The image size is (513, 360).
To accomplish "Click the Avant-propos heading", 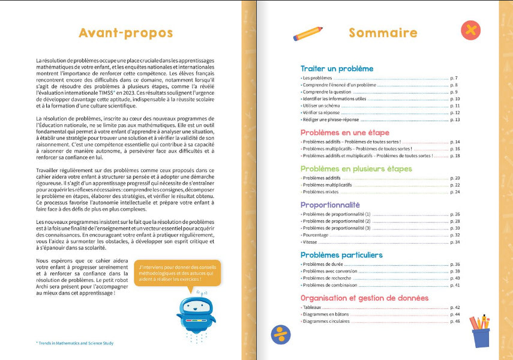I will point(126,32).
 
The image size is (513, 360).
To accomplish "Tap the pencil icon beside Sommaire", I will point(308,34).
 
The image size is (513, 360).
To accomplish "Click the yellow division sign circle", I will point(280,334).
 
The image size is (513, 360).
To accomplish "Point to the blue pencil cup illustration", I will point(480,332).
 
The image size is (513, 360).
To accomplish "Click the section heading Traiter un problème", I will point(337,69).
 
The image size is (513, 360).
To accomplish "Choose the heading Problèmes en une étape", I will point(344,132).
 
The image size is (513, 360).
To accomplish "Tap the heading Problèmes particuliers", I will point(341,255).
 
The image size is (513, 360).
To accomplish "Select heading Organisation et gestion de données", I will point(364,298).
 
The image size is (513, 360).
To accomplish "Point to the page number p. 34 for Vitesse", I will point(454,242).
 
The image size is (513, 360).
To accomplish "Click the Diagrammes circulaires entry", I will point(327,321).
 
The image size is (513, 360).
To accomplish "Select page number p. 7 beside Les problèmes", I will point(454,79).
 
